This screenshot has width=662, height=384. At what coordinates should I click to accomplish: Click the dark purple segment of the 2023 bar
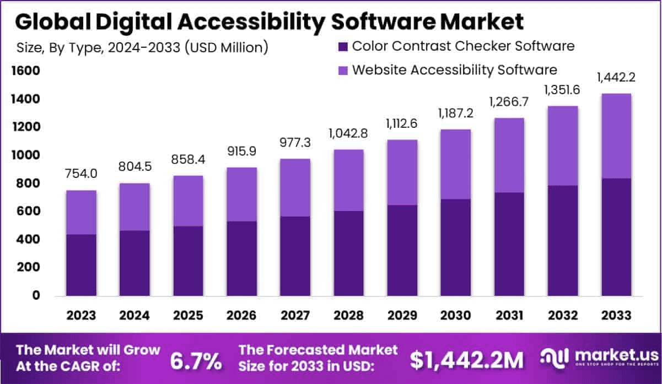82,265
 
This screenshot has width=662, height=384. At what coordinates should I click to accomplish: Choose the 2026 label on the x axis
242,316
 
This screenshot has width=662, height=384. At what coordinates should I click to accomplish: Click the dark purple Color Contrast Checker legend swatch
343,46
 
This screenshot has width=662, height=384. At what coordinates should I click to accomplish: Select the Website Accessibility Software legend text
455,70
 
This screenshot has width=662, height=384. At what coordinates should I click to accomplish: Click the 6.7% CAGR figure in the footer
196,361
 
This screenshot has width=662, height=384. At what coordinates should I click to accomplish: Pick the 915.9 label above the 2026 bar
242,151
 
